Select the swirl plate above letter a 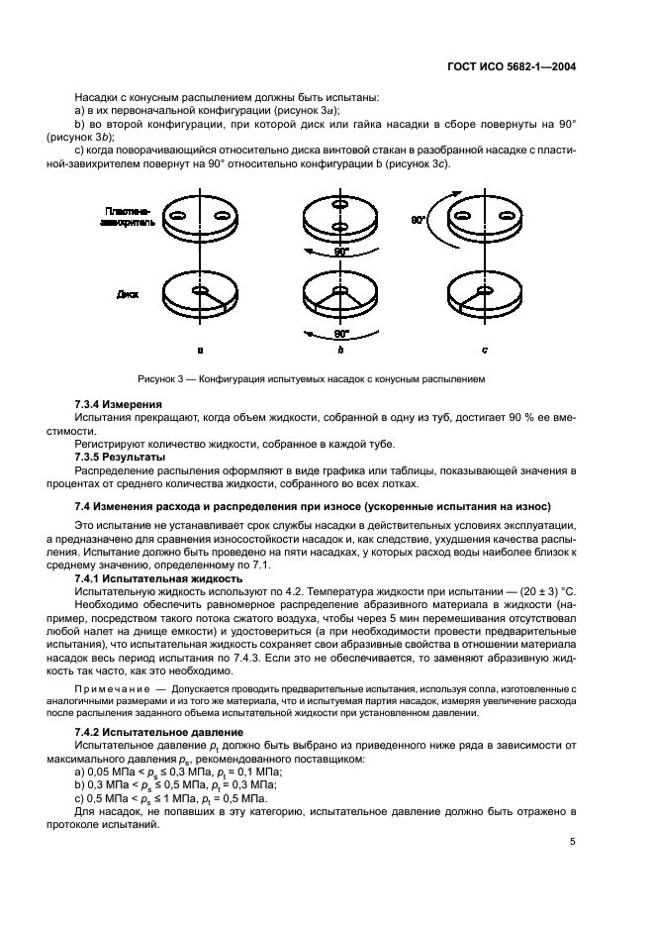pyautogui.click(x=200, y=218)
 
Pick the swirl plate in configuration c pyautogui.click(x=483, y=218)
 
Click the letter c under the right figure pyautogui.click(x=484, y=350)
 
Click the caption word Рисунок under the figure pyautogui.click(x=158, y=379)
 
